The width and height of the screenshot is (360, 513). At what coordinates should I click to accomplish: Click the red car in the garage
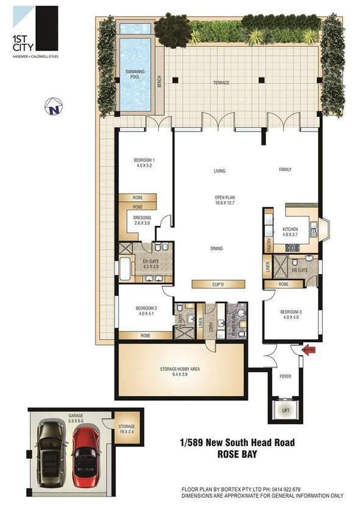(85, 454)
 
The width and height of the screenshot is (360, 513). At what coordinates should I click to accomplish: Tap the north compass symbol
(55, 108)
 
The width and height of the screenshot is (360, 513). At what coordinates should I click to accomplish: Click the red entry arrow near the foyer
(308, 350)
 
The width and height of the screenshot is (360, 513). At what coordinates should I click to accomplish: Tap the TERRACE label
(221, 83)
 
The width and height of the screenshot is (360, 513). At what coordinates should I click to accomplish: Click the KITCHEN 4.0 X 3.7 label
(289, 232)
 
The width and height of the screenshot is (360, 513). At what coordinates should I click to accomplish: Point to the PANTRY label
(269, 244)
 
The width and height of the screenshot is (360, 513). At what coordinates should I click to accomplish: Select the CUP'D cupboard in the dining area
(219, 284)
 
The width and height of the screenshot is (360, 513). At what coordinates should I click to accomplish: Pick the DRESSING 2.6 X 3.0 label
(144, 219)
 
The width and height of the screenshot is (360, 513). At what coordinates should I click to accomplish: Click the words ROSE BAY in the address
(238, 454)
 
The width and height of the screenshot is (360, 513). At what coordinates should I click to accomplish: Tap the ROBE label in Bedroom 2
(146, 336)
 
